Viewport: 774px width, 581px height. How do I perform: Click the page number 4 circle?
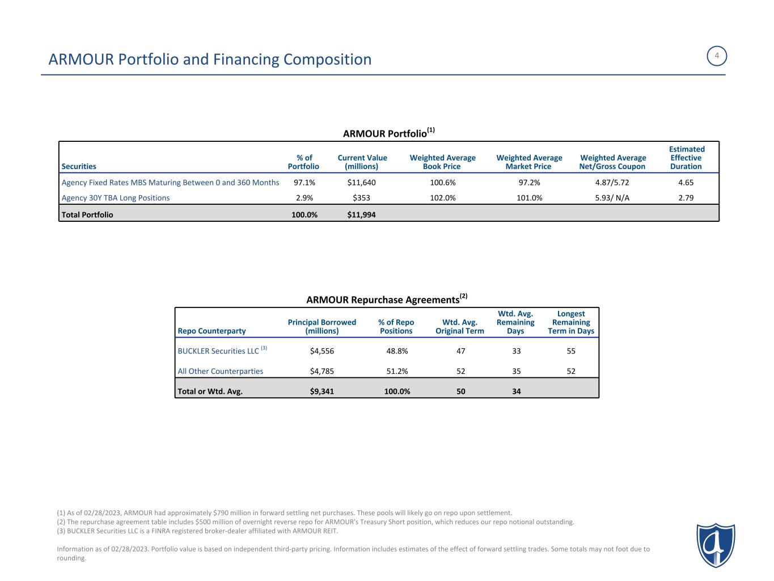tap(717, 56)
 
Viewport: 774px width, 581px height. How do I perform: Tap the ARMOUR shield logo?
tap(716, 545)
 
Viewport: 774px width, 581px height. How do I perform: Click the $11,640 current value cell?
tap(361, 183)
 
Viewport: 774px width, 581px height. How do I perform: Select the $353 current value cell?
tap(361, 198)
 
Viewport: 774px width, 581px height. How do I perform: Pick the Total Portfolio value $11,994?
tap(361, 215)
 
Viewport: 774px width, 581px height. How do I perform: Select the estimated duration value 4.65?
tap(686, 183)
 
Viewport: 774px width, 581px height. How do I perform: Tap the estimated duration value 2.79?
tap(686, 198)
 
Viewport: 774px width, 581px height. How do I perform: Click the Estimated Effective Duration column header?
tap(686, 158)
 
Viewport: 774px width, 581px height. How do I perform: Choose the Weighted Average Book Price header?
tap(442, 162)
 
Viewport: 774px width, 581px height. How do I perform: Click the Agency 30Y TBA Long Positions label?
tap(116, 198)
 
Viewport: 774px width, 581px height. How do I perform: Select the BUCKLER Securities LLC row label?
tap(218, 351)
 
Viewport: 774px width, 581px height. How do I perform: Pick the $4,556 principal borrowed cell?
tap(322, 351)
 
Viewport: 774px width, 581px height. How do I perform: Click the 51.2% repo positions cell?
tap(396, 372)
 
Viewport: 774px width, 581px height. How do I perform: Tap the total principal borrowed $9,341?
tap(322, 391)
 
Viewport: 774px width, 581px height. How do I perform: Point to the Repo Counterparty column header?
tap(212, 331)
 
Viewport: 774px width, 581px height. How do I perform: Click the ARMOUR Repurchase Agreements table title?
tap(386, 299)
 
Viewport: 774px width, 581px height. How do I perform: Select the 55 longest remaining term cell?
tap(570, 351)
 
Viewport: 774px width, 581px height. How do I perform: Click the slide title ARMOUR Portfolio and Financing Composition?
tap(210, 59)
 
